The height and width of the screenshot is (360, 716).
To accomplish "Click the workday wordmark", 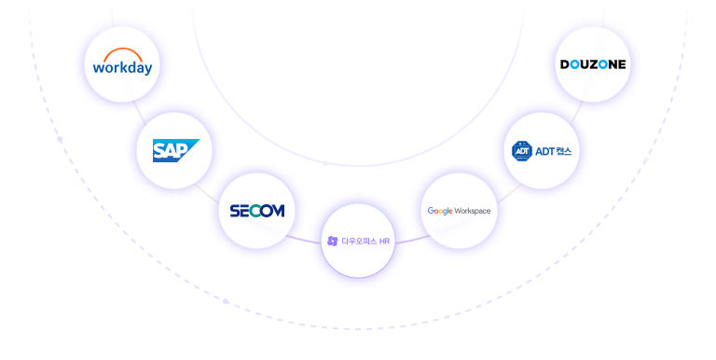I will (x=123, y=70).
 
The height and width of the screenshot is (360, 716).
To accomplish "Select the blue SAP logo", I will (x=175, y=149).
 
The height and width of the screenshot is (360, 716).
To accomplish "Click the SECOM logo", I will (x=256, y=211).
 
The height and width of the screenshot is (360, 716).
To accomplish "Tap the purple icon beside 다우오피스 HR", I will (x=332, y=241).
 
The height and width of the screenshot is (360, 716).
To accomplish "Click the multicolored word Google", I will (x=440, y=211).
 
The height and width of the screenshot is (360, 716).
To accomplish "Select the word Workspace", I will (x=474, y=211).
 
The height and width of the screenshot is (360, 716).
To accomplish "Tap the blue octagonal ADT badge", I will (x=522, y=150).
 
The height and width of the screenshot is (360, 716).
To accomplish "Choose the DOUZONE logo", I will (x=592, y=64).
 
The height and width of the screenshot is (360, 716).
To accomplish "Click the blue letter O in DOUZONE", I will (x=578, y=64).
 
